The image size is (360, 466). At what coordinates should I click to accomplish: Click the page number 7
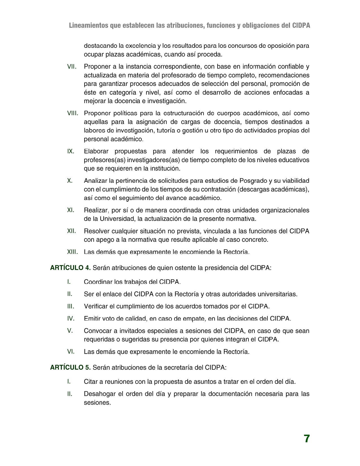click(x=307, y=439)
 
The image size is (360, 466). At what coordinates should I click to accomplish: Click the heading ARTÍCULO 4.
click(x=70, y=268)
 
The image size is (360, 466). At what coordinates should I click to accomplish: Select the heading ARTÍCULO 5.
click(x=70, y=367)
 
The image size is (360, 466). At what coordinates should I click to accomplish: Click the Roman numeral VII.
click(x=72, y=67)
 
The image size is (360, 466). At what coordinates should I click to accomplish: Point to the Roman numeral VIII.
click(x=73, y=113)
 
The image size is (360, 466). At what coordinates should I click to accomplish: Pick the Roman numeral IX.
click(x=71, y=151)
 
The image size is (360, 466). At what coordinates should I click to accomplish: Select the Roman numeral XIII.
click(x=73, y=252)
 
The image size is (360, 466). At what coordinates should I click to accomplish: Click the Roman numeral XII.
click(x=72, y=231)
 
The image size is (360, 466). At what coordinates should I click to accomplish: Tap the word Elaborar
click(x=96, y=151)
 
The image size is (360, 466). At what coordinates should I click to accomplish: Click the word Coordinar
click(x=98, y=282)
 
